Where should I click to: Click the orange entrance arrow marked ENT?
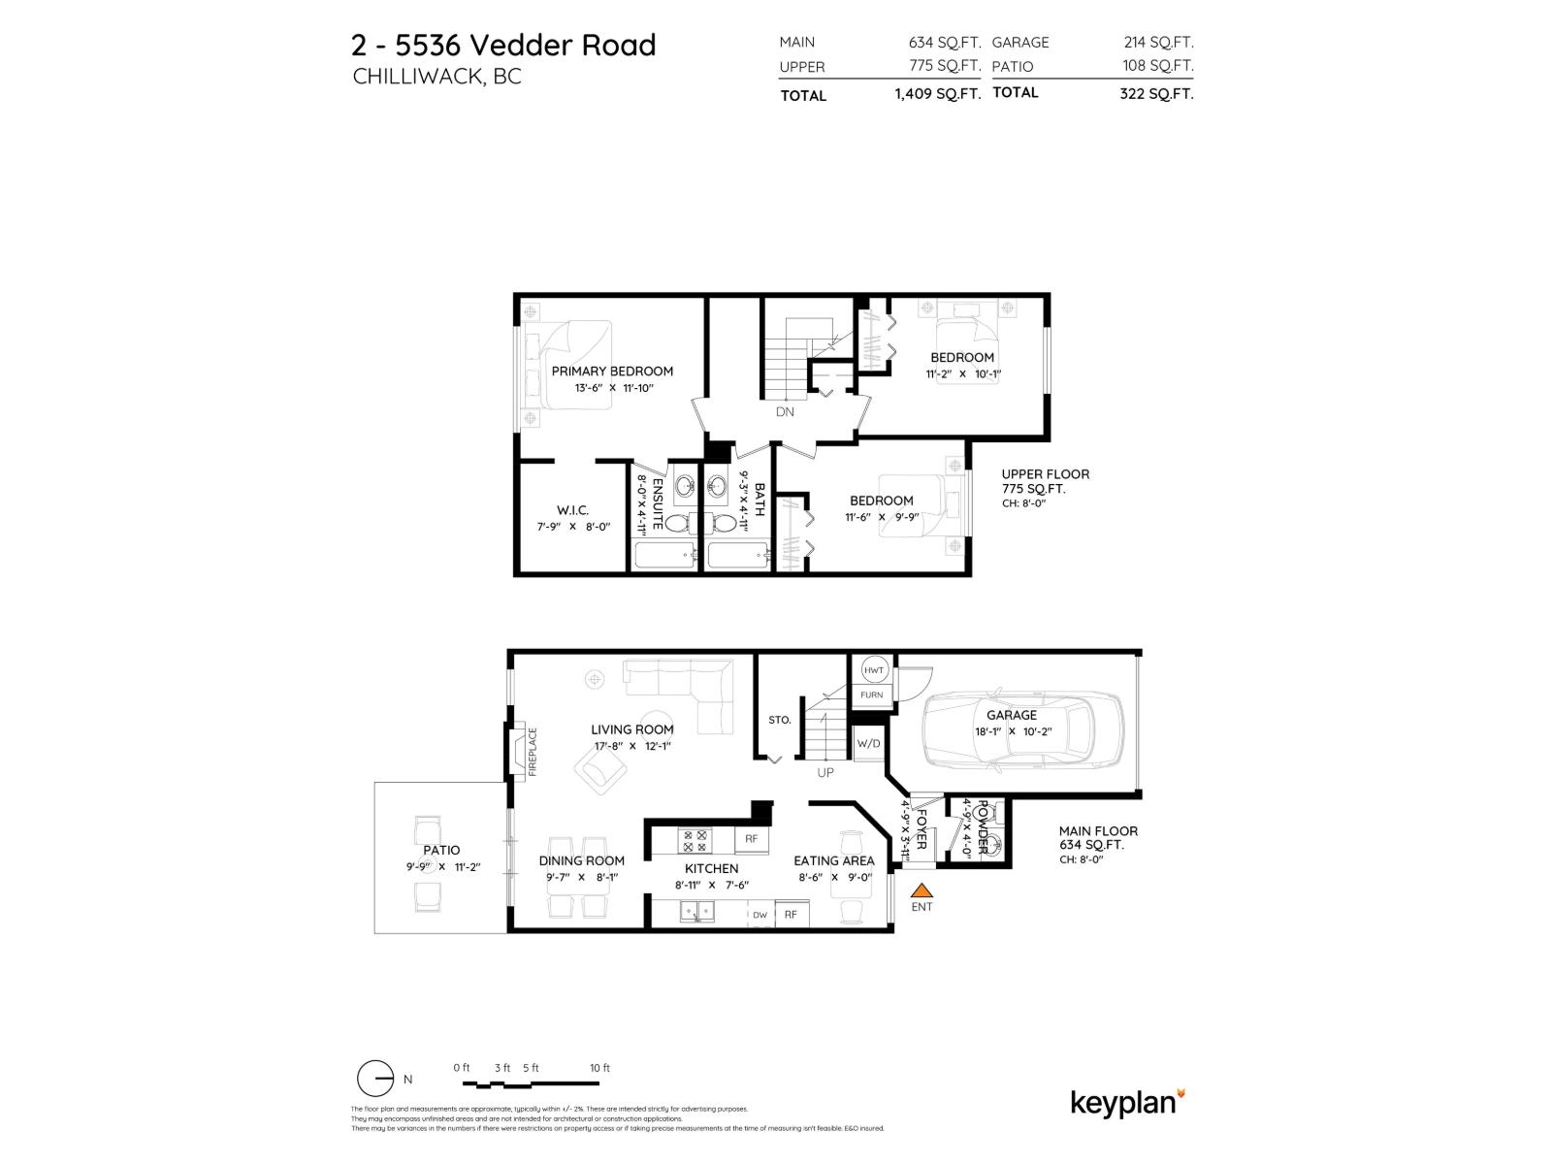[x=921, y=889]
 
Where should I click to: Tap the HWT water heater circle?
[x=873, y=670]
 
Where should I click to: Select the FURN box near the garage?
[x=871, y=695]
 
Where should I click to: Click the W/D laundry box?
[x=868, y=744]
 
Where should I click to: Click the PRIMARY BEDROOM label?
[x=612, y=371]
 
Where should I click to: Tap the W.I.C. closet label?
[x=572, y=510]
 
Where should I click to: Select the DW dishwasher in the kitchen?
[x=760, y=915]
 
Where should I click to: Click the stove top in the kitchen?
[x=695, y=839]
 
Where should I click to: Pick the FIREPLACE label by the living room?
[x=533, y=752]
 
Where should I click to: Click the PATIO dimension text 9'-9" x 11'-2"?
[x=442, y=867]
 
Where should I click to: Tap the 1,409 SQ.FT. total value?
[x=937, y=94]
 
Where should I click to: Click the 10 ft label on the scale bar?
[x=599, y=1068]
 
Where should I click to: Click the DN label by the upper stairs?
[x=785, y=411]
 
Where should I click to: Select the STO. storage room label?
[x=779, y=720]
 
